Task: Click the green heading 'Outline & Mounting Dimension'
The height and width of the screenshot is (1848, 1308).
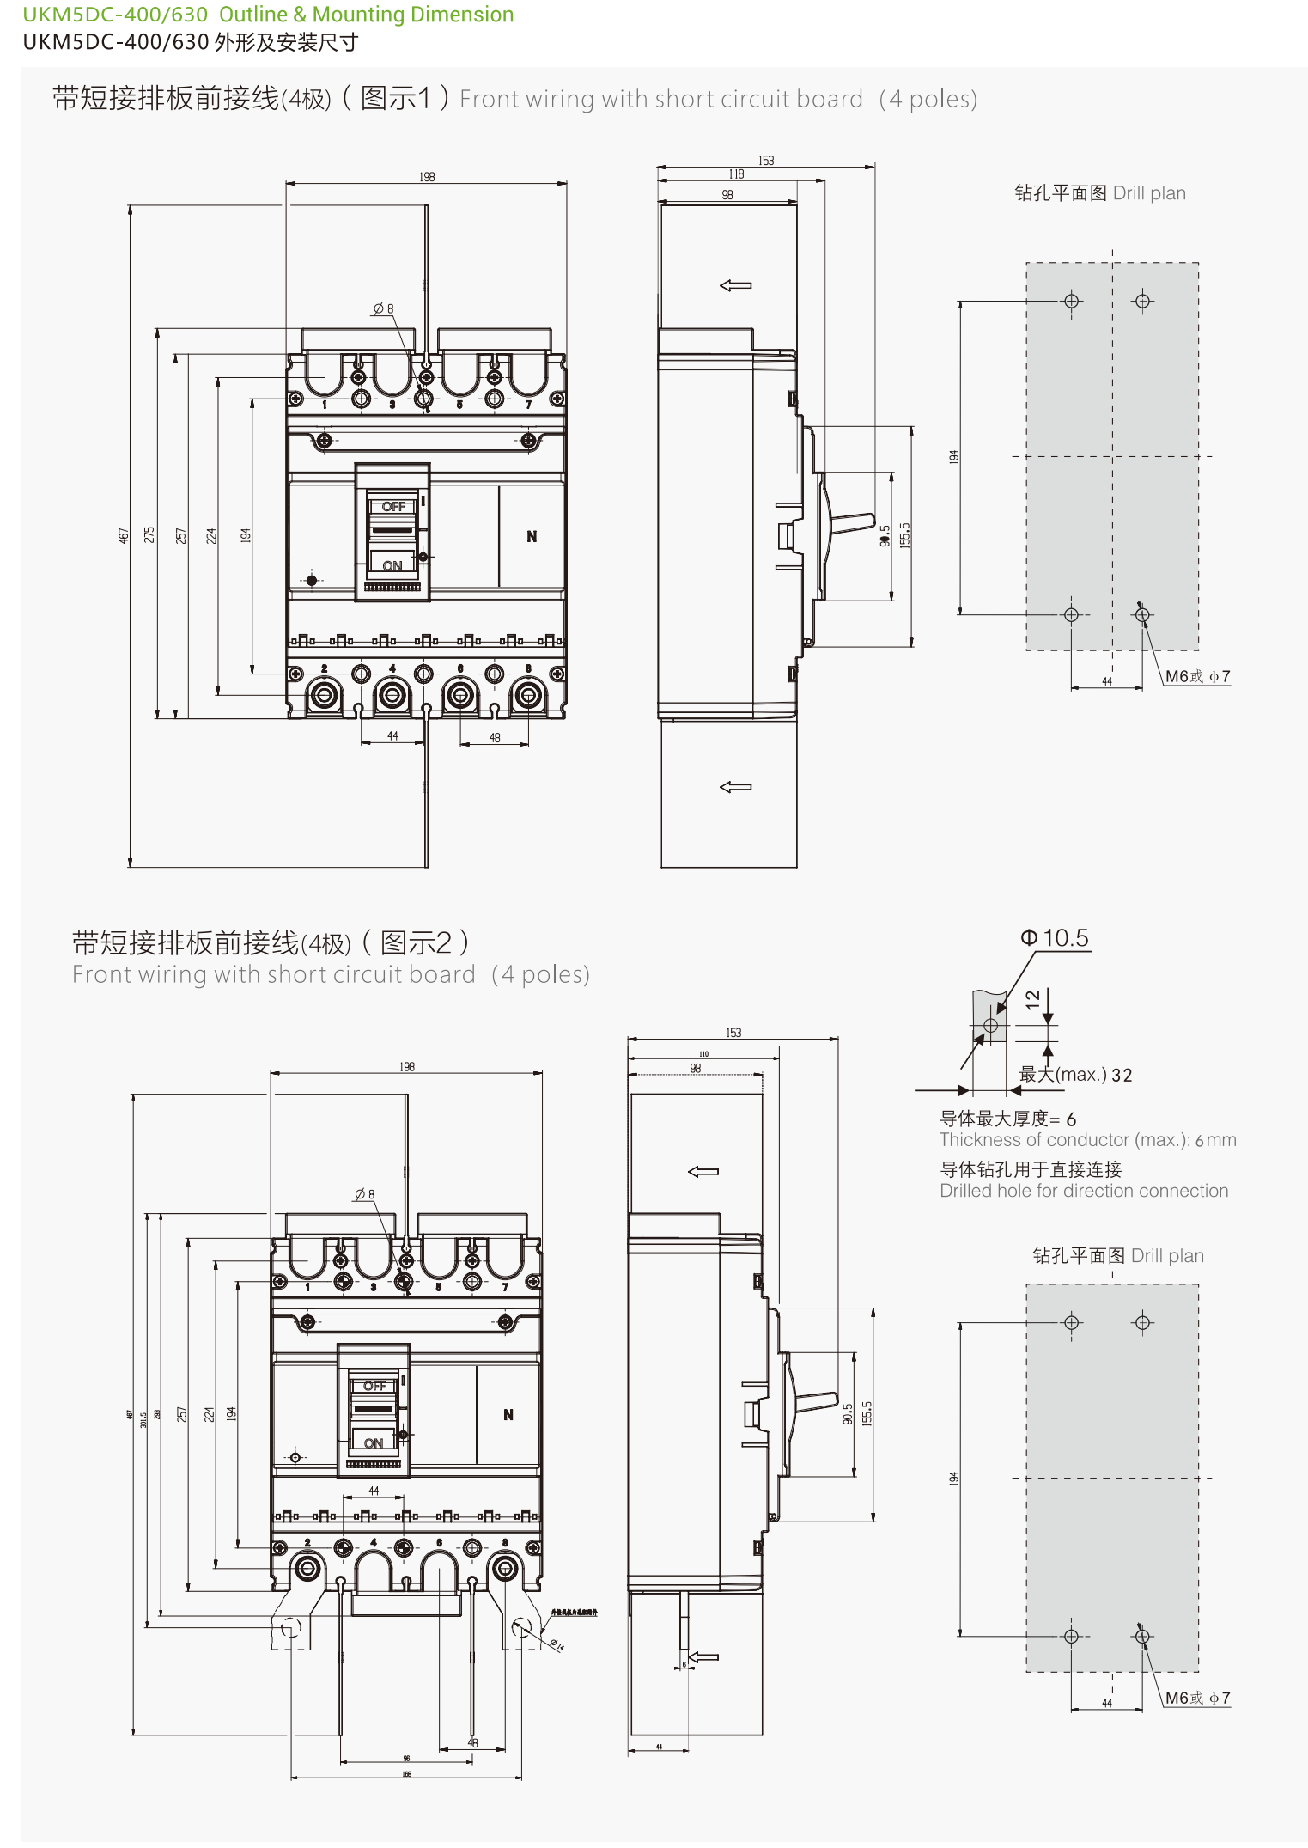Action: pos(366,15)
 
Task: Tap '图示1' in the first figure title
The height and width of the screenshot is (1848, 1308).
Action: pos(396,98)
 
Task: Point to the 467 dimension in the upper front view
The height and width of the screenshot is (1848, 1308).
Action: pos(123,535)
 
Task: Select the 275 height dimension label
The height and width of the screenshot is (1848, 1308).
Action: pos(149,534)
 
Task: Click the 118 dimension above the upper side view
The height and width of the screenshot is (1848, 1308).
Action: pos(736,174)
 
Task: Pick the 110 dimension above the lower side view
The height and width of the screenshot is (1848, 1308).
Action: pos(703,1053)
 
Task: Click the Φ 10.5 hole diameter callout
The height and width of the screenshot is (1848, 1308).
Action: pos(1055,938)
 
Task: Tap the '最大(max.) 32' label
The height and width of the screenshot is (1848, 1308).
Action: pos(1075,1075)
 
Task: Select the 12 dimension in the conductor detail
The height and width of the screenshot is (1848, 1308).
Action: pos(1032,998)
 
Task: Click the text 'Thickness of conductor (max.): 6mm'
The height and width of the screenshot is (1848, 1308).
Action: pos(1087,1140)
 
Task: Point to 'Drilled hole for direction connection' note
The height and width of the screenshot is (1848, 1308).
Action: pos(1084,1191)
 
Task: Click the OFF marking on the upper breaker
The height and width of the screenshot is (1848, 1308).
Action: pos(393,507)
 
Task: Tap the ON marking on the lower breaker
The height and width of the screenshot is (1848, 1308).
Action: pos(374,1443)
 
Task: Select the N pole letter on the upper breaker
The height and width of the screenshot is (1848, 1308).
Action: pos(532,536)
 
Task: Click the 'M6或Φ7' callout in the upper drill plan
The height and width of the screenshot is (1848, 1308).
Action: pos(1197,677)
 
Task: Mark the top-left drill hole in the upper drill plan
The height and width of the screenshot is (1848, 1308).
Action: pos(1071,301)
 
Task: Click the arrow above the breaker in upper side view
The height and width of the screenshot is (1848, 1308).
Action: pos(735,285)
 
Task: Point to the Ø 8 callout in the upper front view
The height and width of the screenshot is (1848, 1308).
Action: pos(383,308)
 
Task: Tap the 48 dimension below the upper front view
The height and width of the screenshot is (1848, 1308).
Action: pos(495,737)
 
